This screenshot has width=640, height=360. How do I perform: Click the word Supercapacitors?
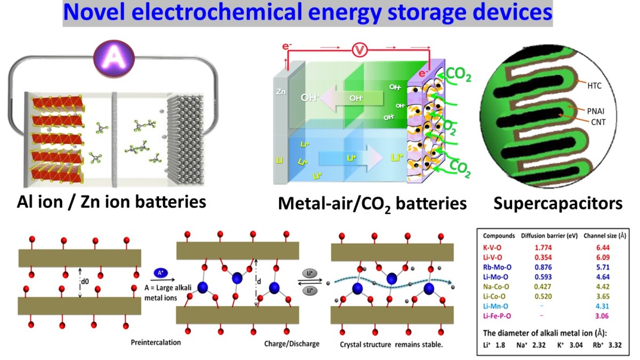click(557, 203)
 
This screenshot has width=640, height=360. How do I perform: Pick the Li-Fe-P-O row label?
click(500, 318)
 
